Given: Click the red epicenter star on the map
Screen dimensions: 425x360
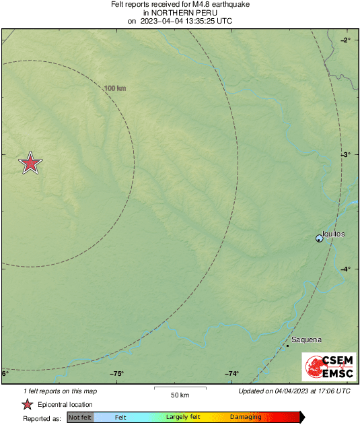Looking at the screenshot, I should coord(30,163).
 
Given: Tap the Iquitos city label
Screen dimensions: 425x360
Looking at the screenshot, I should coord(334,234).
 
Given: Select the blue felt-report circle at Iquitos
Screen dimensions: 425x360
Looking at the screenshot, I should coord(320,238).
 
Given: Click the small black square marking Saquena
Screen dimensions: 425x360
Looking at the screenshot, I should coord(287,346).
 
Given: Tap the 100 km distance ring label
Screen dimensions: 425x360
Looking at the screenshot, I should coord(115,88).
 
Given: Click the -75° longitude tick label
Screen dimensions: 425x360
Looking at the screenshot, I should coord(117,374).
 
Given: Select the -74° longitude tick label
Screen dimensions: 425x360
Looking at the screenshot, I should coord(231,374).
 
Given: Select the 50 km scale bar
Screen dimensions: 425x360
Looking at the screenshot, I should coord(178,389).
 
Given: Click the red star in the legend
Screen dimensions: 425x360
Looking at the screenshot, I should coord(28,405).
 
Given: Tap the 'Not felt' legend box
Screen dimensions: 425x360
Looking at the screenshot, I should coord(80,418).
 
